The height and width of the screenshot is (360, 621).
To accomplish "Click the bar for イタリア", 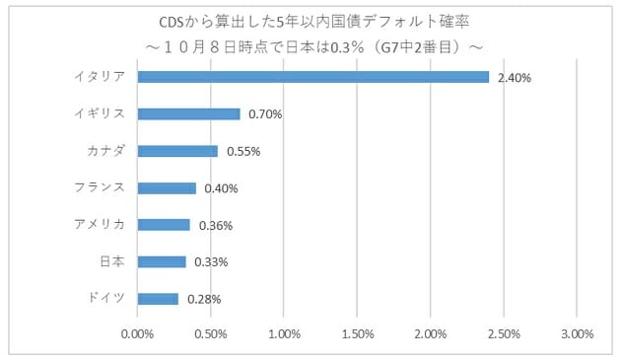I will click(x=313, y=77).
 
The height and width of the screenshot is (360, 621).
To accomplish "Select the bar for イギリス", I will click(x=188, y=113).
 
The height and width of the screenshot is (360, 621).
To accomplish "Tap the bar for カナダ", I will click(x=177, y=151).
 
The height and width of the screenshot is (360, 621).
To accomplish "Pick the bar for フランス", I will click(x=167, y=187).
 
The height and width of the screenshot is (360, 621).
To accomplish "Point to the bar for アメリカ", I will click(x=164, y=225).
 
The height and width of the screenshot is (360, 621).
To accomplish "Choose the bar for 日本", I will click(x=162, y=261).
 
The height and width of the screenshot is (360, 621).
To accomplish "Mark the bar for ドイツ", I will click(x=158, y=299).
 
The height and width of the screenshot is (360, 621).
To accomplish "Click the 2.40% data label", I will click(x=515, y=77).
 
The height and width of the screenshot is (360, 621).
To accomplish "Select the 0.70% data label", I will click(x=265, y=114).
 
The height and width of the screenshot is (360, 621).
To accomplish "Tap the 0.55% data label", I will click(x=243, y=151).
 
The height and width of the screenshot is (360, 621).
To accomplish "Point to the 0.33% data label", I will click(x=211, y=262).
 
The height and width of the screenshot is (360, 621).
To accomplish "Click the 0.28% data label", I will click(x=204, y=299).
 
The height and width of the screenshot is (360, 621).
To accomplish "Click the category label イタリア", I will click(x=100, y=76).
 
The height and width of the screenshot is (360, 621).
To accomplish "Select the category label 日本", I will click(x=111, y=260).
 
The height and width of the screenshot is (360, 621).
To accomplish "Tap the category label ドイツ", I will click(x=106, y=298).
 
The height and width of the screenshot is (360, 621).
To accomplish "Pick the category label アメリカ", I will click(x=100, y=224).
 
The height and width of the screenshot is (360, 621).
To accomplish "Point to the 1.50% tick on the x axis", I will click(x=357, y=333).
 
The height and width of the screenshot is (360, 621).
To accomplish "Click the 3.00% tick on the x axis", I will click(x=577, y=333).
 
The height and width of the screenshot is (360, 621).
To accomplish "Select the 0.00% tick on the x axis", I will click(x=138, y=333).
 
